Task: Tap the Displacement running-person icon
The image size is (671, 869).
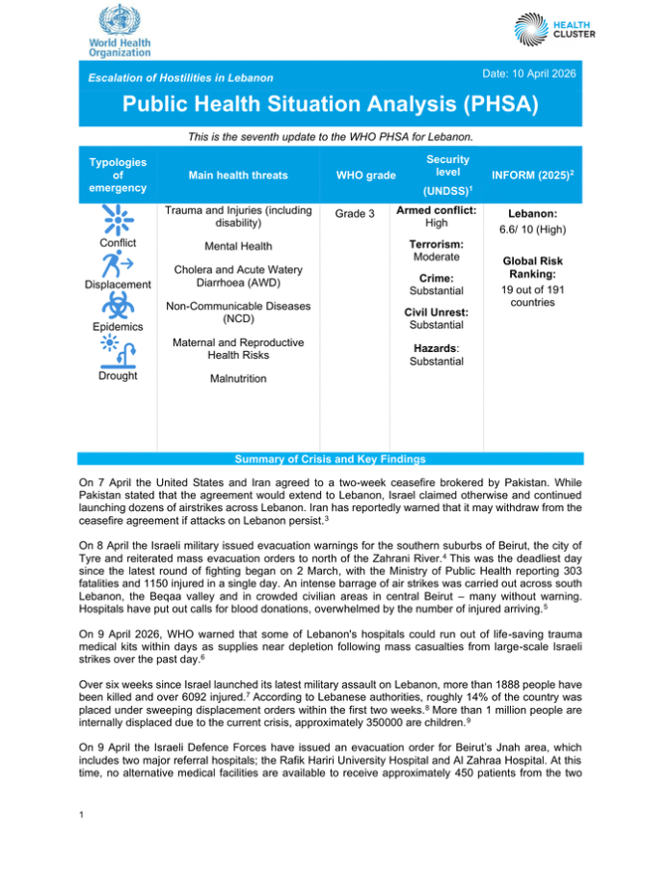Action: click(118, 263)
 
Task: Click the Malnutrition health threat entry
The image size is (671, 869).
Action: click(238, 379)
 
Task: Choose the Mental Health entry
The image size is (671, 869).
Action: click(238, 246)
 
